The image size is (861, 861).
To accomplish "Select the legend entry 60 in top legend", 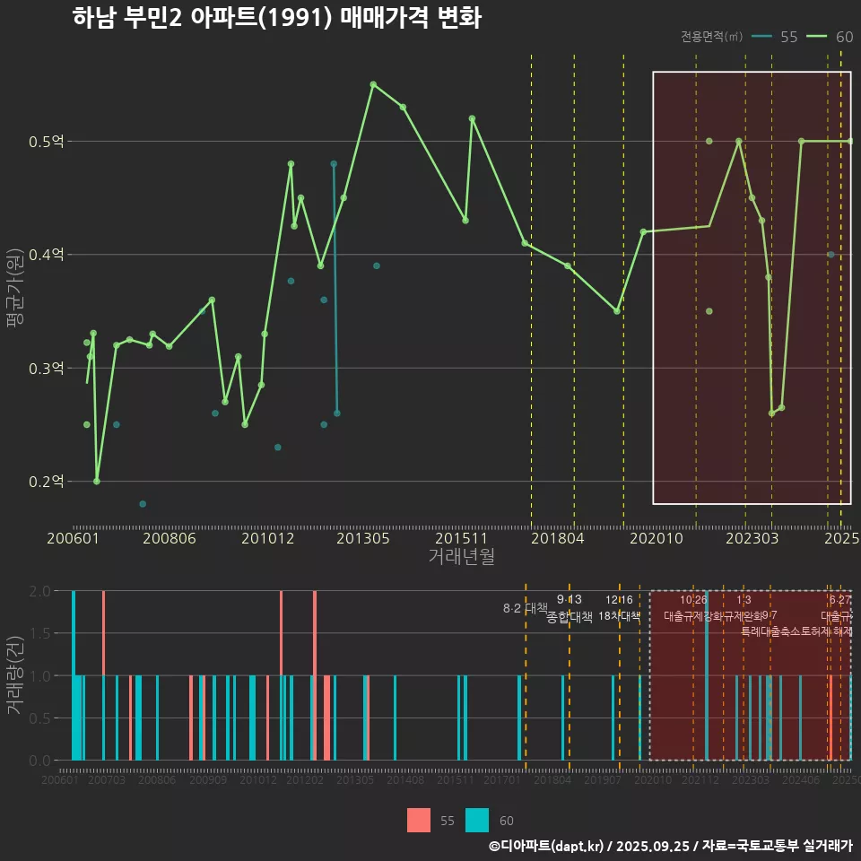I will [843, 37].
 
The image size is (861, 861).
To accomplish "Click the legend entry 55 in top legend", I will [788, 37].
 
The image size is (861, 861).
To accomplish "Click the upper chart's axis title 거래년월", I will [461, 557].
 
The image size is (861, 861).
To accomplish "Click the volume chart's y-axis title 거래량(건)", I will [14, 675].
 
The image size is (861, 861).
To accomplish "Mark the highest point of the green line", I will [373, 84].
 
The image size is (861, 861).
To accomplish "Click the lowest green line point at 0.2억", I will [97, 482].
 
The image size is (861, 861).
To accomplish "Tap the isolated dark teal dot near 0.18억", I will [143, 504].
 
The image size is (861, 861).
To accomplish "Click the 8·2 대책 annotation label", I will [525, 608].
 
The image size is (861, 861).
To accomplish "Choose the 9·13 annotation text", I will [569, 599].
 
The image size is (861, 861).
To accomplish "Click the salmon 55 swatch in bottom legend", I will [419, 821].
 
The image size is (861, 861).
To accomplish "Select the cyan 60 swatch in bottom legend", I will [477, 821].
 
